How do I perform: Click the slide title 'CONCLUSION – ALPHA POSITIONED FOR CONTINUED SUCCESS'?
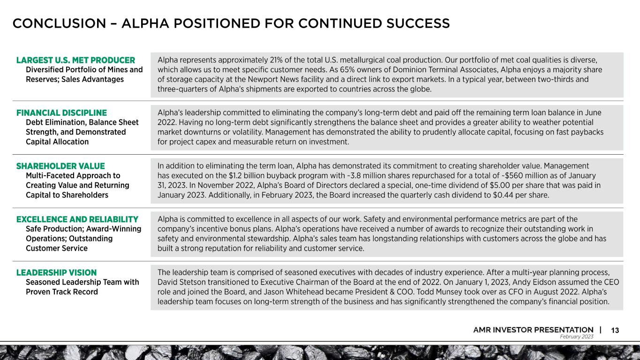click(231, 23)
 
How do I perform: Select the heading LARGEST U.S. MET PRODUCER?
click(75, 60)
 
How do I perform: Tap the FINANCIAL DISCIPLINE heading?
click(61, 113)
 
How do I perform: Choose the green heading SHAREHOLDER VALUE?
click(60, 166)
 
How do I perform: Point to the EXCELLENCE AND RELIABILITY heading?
click(77, 219)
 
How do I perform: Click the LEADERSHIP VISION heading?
click(56, 273)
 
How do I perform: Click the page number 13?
click(615, 330)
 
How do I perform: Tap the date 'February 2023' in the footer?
click(577, 337)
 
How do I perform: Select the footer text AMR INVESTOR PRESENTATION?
click(533, 330)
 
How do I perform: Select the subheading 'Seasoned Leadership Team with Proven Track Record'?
click(83, 287)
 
